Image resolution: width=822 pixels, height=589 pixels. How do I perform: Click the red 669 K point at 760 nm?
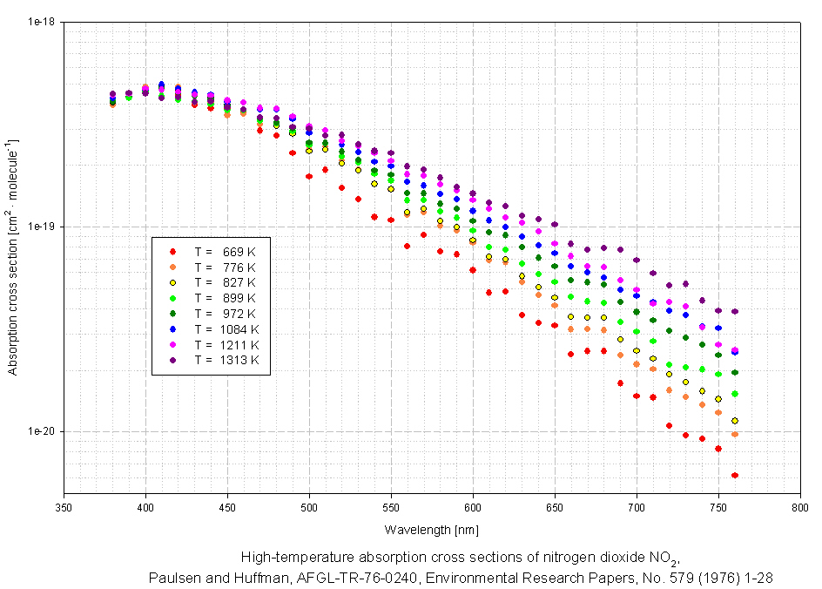point(735,475)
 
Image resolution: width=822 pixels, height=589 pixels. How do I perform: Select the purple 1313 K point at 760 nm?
point(735,311)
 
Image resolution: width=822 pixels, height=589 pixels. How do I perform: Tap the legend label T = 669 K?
point(226,251)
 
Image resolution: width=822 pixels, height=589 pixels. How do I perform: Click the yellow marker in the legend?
point(173,282)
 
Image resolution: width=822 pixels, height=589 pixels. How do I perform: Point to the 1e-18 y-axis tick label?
point(40,21)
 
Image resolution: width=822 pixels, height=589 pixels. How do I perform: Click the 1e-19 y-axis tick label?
point(40,227)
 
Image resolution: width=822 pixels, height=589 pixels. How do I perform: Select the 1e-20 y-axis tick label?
point(40,431)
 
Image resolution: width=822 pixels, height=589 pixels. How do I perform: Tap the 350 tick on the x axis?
point(64,507)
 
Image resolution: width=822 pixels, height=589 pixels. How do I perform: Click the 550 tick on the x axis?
point(391,507)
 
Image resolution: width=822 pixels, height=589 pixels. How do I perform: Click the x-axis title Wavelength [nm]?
point(431,529)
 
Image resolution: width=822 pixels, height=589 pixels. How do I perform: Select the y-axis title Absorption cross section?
point(13,258)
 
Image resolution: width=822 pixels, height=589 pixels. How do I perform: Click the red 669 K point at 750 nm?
point(718,449)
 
